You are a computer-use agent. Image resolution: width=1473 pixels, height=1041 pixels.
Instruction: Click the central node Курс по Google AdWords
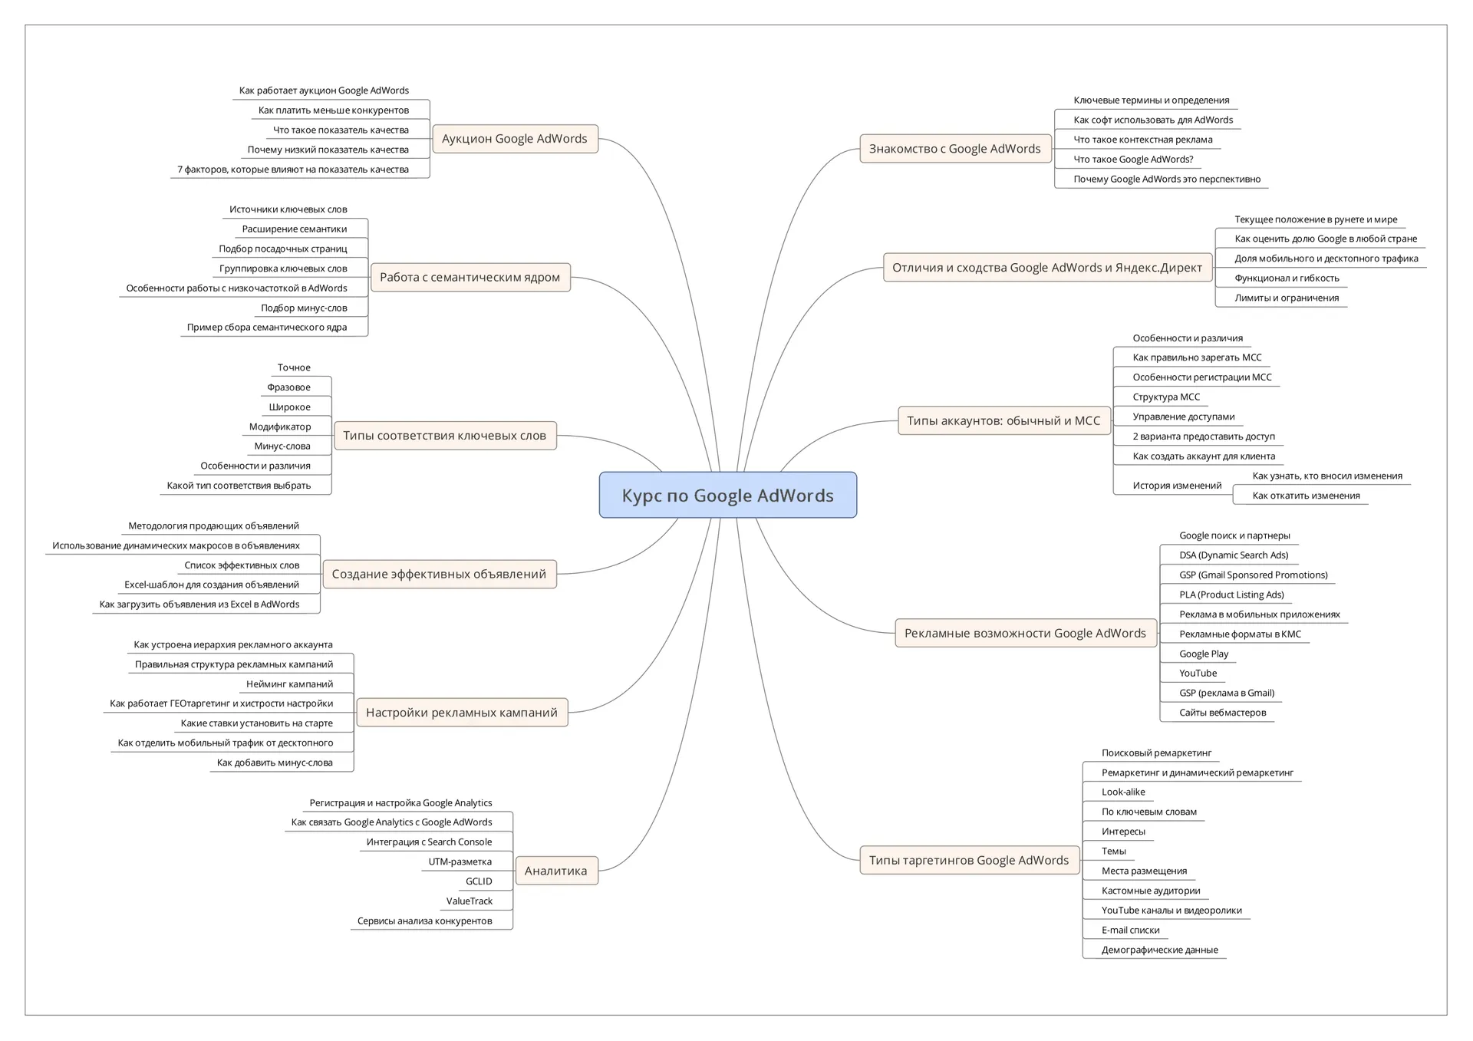coord(727,495)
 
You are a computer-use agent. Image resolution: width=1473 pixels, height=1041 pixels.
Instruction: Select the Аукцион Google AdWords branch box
coord(514,139)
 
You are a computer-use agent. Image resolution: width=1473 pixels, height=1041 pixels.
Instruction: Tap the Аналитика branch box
coord(555,871)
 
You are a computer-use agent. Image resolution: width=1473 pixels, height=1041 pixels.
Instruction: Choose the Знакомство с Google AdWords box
coord(954,149)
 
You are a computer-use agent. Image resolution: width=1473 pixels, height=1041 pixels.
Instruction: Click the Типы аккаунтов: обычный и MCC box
coord(1003,420)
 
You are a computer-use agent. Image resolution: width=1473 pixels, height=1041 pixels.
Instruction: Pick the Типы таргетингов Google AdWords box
coord(968,860)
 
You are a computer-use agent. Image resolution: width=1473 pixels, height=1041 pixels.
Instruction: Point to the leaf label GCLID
coord(479,881)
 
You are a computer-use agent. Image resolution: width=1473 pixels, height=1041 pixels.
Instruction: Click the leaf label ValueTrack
coord(470,901)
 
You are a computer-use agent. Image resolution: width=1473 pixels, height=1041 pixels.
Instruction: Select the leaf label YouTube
coord(1198,674)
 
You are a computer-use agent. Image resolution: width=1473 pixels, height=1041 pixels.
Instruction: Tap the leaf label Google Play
coord(1204,654)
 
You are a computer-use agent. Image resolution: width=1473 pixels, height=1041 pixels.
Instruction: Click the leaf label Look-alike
coord(1123,792)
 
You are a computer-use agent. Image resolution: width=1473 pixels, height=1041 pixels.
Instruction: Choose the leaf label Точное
coord(294,367)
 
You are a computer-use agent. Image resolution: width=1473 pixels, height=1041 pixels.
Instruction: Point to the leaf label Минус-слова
coord(282,446)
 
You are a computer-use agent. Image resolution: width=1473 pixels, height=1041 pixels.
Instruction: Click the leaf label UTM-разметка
coord(460,861)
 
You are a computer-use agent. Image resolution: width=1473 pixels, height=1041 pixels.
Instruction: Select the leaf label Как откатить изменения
coord(1306,496)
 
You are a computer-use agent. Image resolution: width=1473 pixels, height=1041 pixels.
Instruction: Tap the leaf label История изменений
coord(1177,486)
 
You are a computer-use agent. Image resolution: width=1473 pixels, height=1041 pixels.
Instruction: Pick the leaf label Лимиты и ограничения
coord(1287,298)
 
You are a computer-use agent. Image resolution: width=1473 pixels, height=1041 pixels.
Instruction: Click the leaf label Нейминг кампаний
coord(289,684)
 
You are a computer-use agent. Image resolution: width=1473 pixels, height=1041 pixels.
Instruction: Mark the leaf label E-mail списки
coord(1130,930)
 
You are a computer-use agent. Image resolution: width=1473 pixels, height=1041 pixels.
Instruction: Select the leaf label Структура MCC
coord(1166,397)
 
